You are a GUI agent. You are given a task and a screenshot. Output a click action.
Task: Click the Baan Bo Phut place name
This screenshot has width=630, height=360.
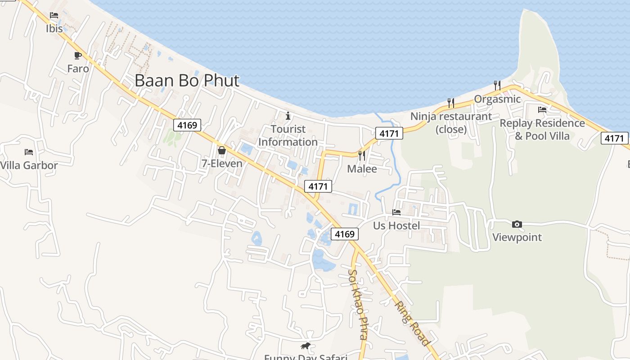pyautogui.click(x=187, y=81)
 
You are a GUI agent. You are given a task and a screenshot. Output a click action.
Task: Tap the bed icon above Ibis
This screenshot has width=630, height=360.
pyautogui.click(x=54, y=15)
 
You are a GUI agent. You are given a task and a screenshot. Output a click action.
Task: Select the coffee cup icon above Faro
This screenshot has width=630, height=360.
pyautogui.click(x=78, y=55)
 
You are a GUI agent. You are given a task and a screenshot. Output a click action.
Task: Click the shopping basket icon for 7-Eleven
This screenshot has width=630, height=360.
pyautogui.click(x=221, y=150)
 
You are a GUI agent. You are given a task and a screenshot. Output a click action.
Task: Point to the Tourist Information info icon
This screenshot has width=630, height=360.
pyautogui.click(x=288, y=116)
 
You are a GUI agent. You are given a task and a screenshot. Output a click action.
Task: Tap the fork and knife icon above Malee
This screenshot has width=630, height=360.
pyautogui.click(x=362, y=156)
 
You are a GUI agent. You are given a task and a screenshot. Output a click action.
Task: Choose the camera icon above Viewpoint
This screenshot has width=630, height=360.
pyautogui.click(x=517, y=224)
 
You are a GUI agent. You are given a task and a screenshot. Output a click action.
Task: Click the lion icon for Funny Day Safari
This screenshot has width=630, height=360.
pyautogui.click(x=306, y=346)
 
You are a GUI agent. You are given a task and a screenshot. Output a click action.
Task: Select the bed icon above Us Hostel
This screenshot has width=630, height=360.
pyautogui.click(x=396, y=212)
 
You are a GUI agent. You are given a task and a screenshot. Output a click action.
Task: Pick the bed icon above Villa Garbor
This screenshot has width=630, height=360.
pyautogui.click(x=29, y=152)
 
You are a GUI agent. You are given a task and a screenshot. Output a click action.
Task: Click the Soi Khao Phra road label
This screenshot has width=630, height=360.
pyautogui.click(x=358, y=304)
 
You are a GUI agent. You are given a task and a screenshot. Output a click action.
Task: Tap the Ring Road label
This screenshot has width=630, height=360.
pyautogui.click(x=412, y=323)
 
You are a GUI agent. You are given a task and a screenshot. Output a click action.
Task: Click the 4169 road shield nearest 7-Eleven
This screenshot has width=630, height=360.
pyautogui.click(x=187, y=125)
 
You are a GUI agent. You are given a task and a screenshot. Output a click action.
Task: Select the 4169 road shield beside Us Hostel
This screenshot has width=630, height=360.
pyautogui.click(x=345, y=234)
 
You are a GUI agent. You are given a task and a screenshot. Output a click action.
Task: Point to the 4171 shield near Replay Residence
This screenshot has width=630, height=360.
pyautogui.click(x=614, y=139)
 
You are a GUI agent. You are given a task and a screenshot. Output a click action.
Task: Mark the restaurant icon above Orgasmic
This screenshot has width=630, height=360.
pyautogui.click(x=497, y=85)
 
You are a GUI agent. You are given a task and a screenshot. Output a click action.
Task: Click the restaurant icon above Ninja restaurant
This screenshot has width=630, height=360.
pyautogui.click(x=451, y=103)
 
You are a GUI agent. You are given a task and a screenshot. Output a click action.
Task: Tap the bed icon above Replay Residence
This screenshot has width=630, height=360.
pyautogui.click(x=542, y=109)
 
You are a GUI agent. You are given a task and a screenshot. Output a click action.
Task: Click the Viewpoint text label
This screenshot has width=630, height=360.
pyautogui.click(x=517, y=237)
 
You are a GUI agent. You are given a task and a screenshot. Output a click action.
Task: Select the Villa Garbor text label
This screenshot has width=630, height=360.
pyautogui.click(x=29, y=165)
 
